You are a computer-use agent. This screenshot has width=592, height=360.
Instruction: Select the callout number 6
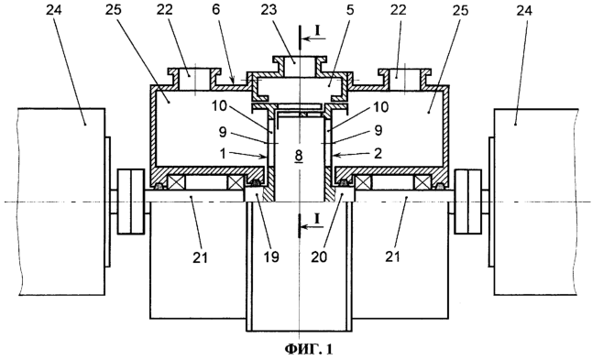tap(216, 10)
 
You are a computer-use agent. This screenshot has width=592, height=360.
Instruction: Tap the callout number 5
tap(350, 10)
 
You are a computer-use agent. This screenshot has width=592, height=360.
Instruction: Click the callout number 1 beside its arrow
tap(224, 153)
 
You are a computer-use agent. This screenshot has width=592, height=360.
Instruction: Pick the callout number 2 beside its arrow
tap(378, 153)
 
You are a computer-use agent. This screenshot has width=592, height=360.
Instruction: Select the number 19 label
tap(271, 257)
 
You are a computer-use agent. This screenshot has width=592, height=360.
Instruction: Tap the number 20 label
tap(319, 257)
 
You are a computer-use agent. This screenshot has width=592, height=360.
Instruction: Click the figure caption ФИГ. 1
tap(309, 349)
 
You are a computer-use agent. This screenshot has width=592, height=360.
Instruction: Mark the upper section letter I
tap(318, 31)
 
